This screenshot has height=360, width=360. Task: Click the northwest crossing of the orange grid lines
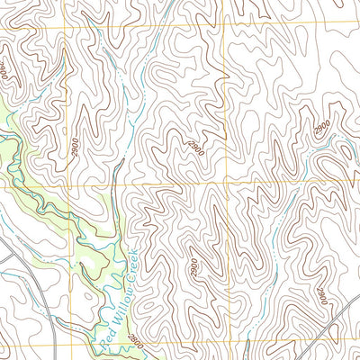65,29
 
